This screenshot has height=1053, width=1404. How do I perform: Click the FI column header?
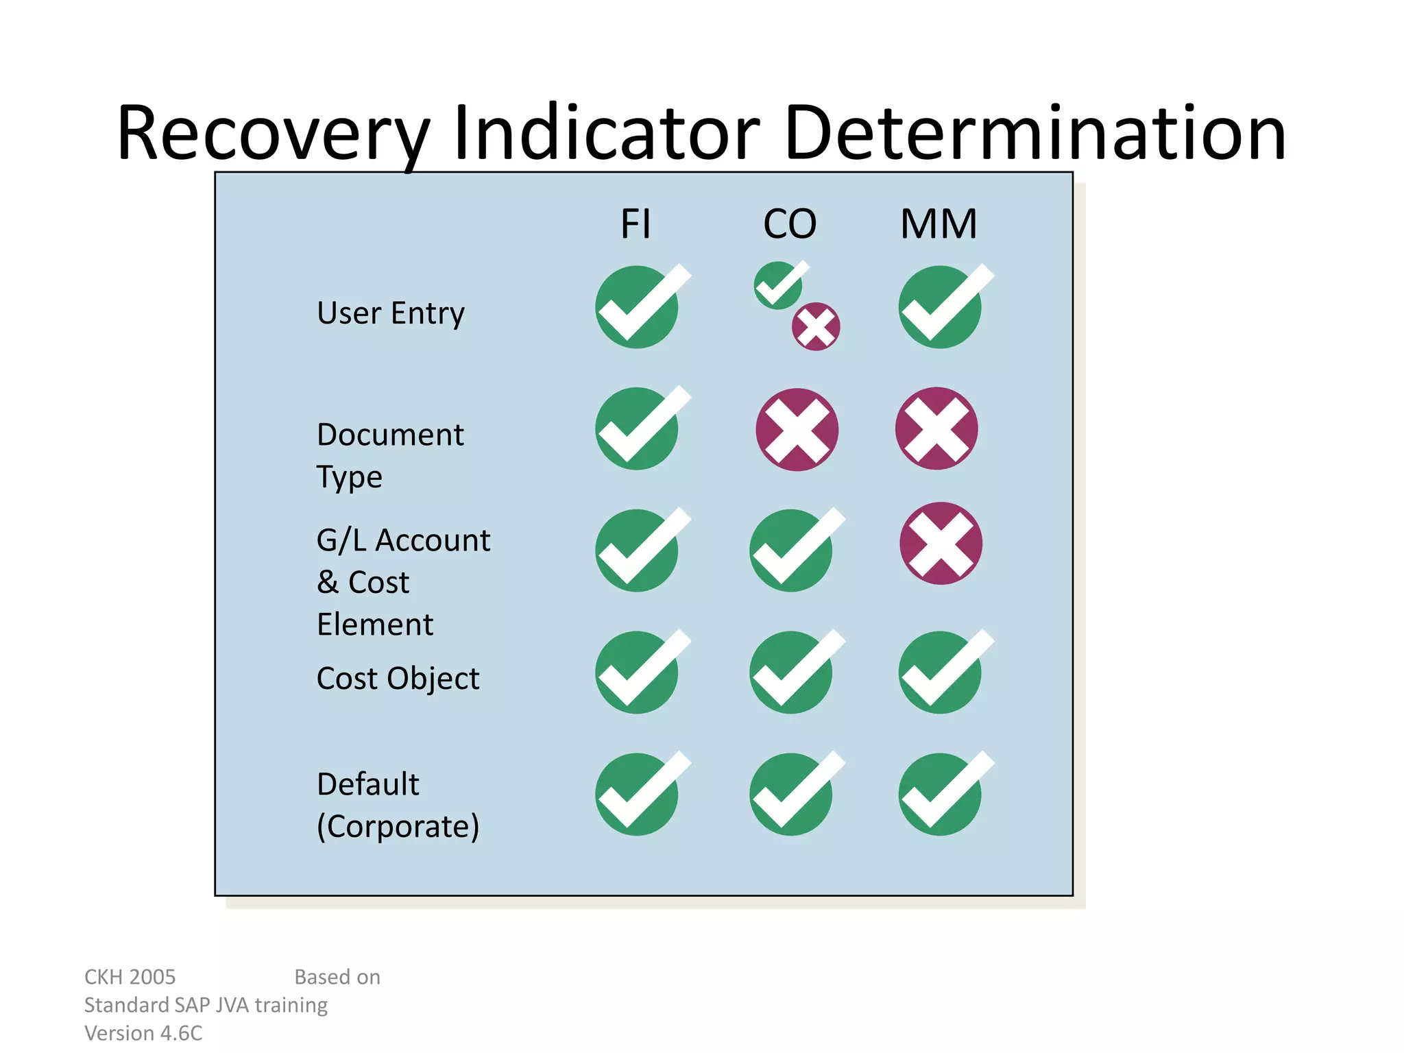[x=636, y=224]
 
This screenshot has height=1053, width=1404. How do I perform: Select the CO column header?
[x=790, y=224]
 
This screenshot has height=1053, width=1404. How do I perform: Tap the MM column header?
[x=939, y=224]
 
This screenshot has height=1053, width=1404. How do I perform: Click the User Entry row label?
[x=391, y=313]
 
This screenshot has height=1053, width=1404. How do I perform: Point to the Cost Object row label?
[x=398, y=679]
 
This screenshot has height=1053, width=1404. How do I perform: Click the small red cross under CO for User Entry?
[x=816, y=326]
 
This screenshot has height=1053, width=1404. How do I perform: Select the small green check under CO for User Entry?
[x=779, y=285]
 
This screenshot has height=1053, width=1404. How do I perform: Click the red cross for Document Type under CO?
[x=797, y=430]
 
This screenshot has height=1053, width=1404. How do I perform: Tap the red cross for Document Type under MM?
[x=936, y=428]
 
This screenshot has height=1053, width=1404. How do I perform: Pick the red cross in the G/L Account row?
[x=941, y=544]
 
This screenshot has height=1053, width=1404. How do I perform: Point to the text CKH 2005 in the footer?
[x=130, y=977]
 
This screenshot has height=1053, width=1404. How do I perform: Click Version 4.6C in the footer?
[x=143, y=1033]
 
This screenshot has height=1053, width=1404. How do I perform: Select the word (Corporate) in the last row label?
[x=398, y=826]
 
